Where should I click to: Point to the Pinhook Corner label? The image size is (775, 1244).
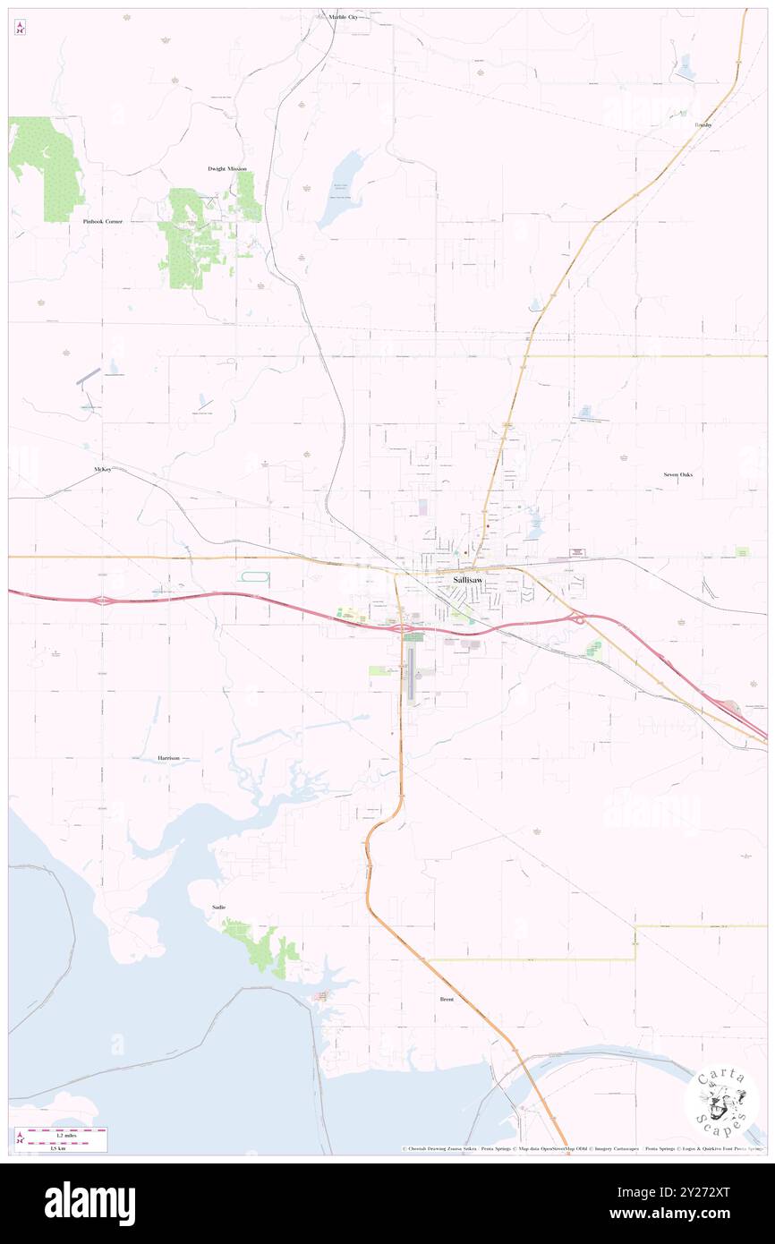(101, 220)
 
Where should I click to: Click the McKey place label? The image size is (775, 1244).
(102, 469)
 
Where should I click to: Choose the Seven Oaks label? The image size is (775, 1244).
(677, 474)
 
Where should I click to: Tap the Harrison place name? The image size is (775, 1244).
(168, 758)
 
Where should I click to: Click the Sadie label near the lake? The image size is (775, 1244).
(218, 907)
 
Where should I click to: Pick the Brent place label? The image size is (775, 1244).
(447, 999)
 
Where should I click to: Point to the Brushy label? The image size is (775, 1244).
(703, 125)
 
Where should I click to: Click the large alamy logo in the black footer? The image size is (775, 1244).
(89, 1203)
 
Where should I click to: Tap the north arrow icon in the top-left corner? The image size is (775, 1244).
(20, 29)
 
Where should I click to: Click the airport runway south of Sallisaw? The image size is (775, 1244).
(412, 673)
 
